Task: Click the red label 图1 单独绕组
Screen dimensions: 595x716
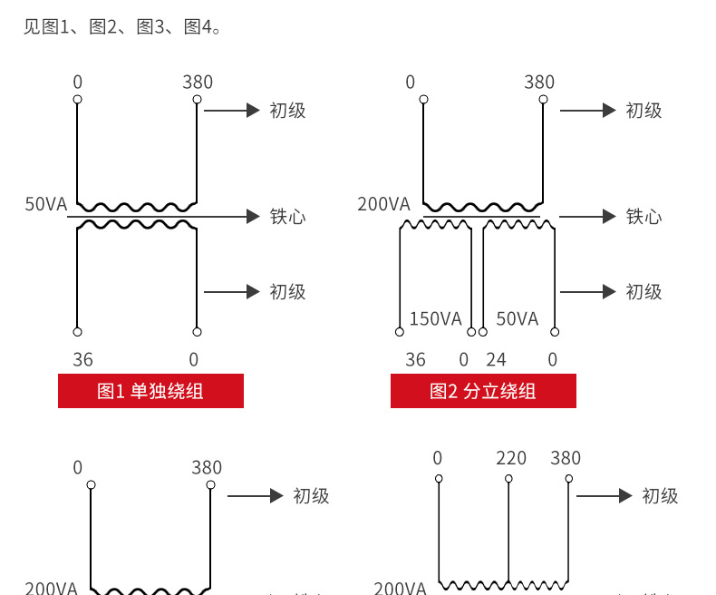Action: pos(150,391)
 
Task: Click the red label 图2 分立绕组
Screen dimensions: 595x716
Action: pos(483,391)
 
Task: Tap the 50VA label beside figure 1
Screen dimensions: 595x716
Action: pos(46,204)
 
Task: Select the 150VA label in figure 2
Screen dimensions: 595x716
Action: pos(435,318)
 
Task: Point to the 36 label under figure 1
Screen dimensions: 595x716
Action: pos(82,360)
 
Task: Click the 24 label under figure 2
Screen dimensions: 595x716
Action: pos(496,360)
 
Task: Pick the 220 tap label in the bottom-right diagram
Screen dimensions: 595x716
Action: pos(511,458)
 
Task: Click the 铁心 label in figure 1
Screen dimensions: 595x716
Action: pos(287,217)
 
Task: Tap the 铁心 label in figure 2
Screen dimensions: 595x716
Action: pos(643,217)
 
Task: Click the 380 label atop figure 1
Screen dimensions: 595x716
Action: pos(198,83)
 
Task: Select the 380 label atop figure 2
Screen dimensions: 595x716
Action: pos(539,83)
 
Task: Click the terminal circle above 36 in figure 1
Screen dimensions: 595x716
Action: pos(78,332)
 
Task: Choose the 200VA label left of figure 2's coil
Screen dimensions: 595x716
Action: pos(383,204)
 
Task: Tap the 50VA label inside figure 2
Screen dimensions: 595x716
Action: pos(518,318)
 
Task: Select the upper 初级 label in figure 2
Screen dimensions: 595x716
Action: pos(643,111)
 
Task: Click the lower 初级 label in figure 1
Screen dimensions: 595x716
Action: pos(287,292)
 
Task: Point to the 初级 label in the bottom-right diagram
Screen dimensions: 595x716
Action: pos(660,496)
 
